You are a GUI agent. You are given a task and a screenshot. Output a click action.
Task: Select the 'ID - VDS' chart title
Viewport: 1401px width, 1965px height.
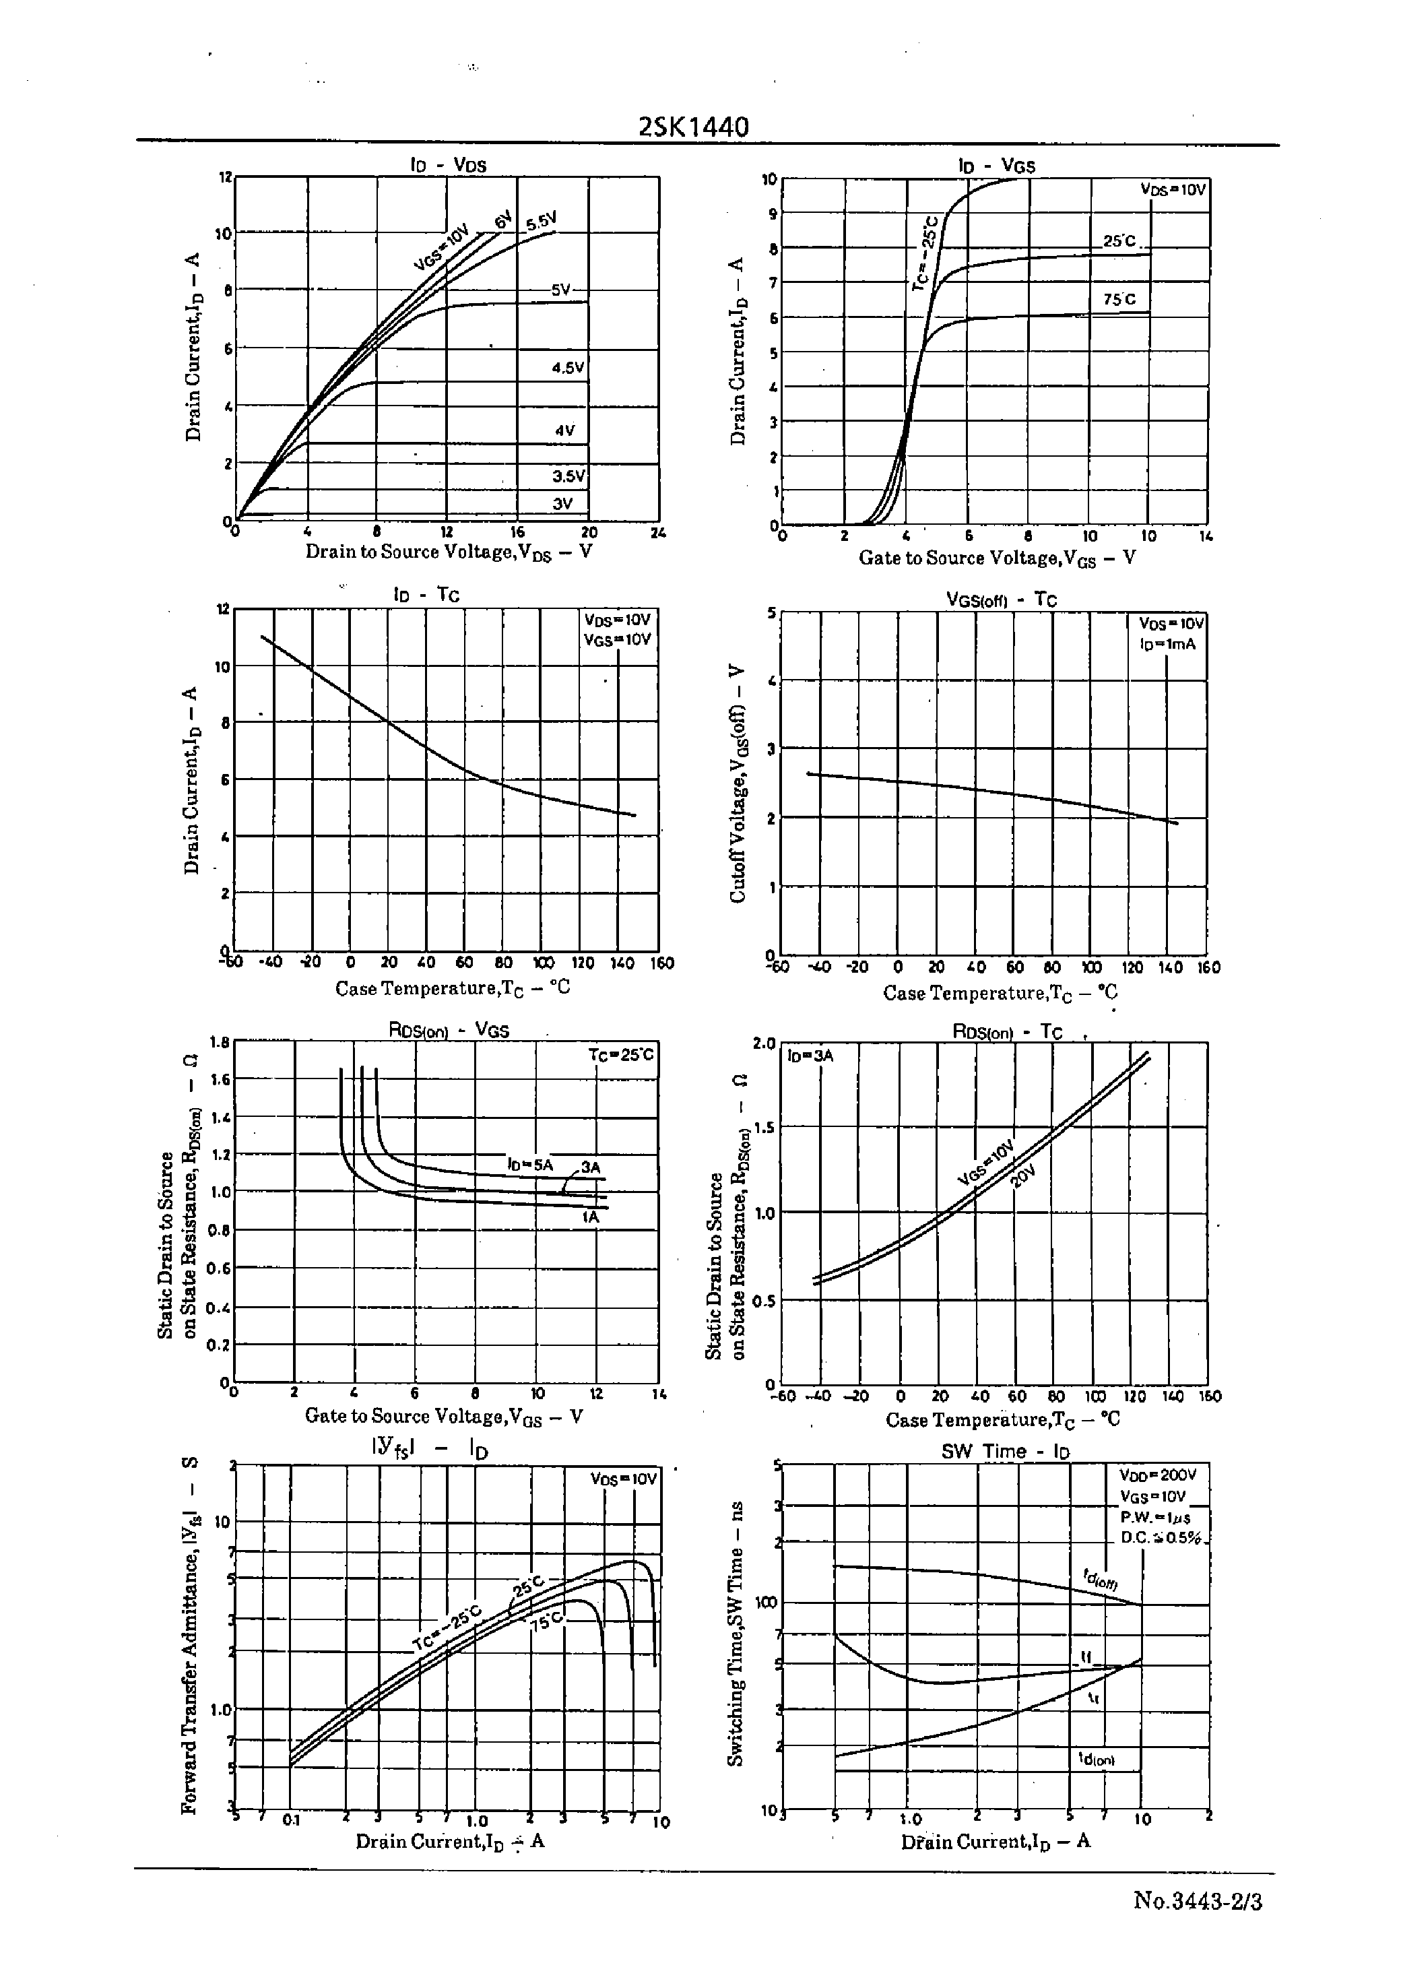point(448,165)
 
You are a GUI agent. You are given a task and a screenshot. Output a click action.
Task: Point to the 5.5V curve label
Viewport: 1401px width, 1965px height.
point(542,222)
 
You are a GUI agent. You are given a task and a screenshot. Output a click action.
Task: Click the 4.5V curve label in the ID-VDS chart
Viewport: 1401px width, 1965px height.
point(568,368)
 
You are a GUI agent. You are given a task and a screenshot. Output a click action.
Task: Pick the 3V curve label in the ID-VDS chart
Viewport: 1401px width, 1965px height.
point(562,504)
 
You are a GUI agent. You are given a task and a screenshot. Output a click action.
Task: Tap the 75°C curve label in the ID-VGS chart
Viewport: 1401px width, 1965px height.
point(1119,299)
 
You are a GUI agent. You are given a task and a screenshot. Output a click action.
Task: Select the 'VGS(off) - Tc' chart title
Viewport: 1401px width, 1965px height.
point(1001,600)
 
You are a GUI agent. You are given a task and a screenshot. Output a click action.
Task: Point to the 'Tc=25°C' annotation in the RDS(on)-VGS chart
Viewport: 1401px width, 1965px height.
point(621,1054)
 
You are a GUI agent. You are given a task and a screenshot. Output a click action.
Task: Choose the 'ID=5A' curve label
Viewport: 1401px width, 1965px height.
point(529,1165)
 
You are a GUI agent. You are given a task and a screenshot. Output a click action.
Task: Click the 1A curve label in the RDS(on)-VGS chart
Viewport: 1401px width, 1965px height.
point(590,1217)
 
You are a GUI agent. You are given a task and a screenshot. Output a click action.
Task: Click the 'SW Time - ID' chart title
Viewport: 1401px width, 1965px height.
point(1005,1451)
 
